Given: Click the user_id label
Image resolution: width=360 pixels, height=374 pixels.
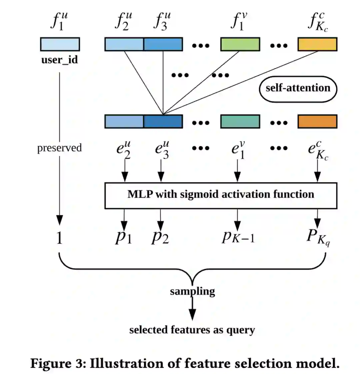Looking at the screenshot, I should [x=60, y=60].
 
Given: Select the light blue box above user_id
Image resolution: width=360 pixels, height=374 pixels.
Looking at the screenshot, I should [x=60, y=44].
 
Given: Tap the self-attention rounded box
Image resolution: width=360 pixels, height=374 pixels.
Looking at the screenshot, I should [x=298, y=88].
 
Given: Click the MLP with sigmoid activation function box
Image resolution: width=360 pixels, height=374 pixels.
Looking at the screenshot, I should [x=221, y=195].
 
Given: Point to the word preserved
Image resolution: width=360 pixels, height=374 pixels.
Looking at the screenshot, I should [x=59, y=148].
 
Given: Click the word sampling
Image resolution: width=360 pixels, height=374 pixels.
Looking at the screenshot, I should [x=192, y=291].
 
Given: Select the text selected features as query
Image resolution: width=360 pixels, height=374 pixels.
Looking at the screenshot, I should [x=192, y=330].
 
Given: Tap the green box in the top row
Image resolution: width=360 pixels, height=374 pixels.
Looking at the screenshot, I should [x=240, y=44].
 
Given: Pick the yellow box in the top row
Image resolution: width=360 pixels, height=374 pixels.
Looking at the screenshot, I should [x=317, y=44].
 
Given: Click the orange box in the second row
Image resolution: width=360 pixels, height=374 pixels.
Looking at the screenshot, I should [x=317, y=122].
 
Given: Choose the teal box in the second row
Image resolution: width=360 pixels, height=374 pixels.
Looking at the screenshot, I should [x=240, y=122].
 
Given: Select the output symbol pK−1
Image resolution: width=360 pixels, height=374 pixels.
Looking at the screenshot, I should [x=238, y=236].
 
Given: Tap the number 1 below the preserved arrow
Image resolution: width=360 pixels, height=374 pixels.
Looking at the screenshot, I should [x=59, y=238].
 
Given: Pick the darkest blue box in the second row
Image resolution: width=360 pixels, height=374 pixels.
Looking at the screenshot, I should [x=163, y=122].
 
